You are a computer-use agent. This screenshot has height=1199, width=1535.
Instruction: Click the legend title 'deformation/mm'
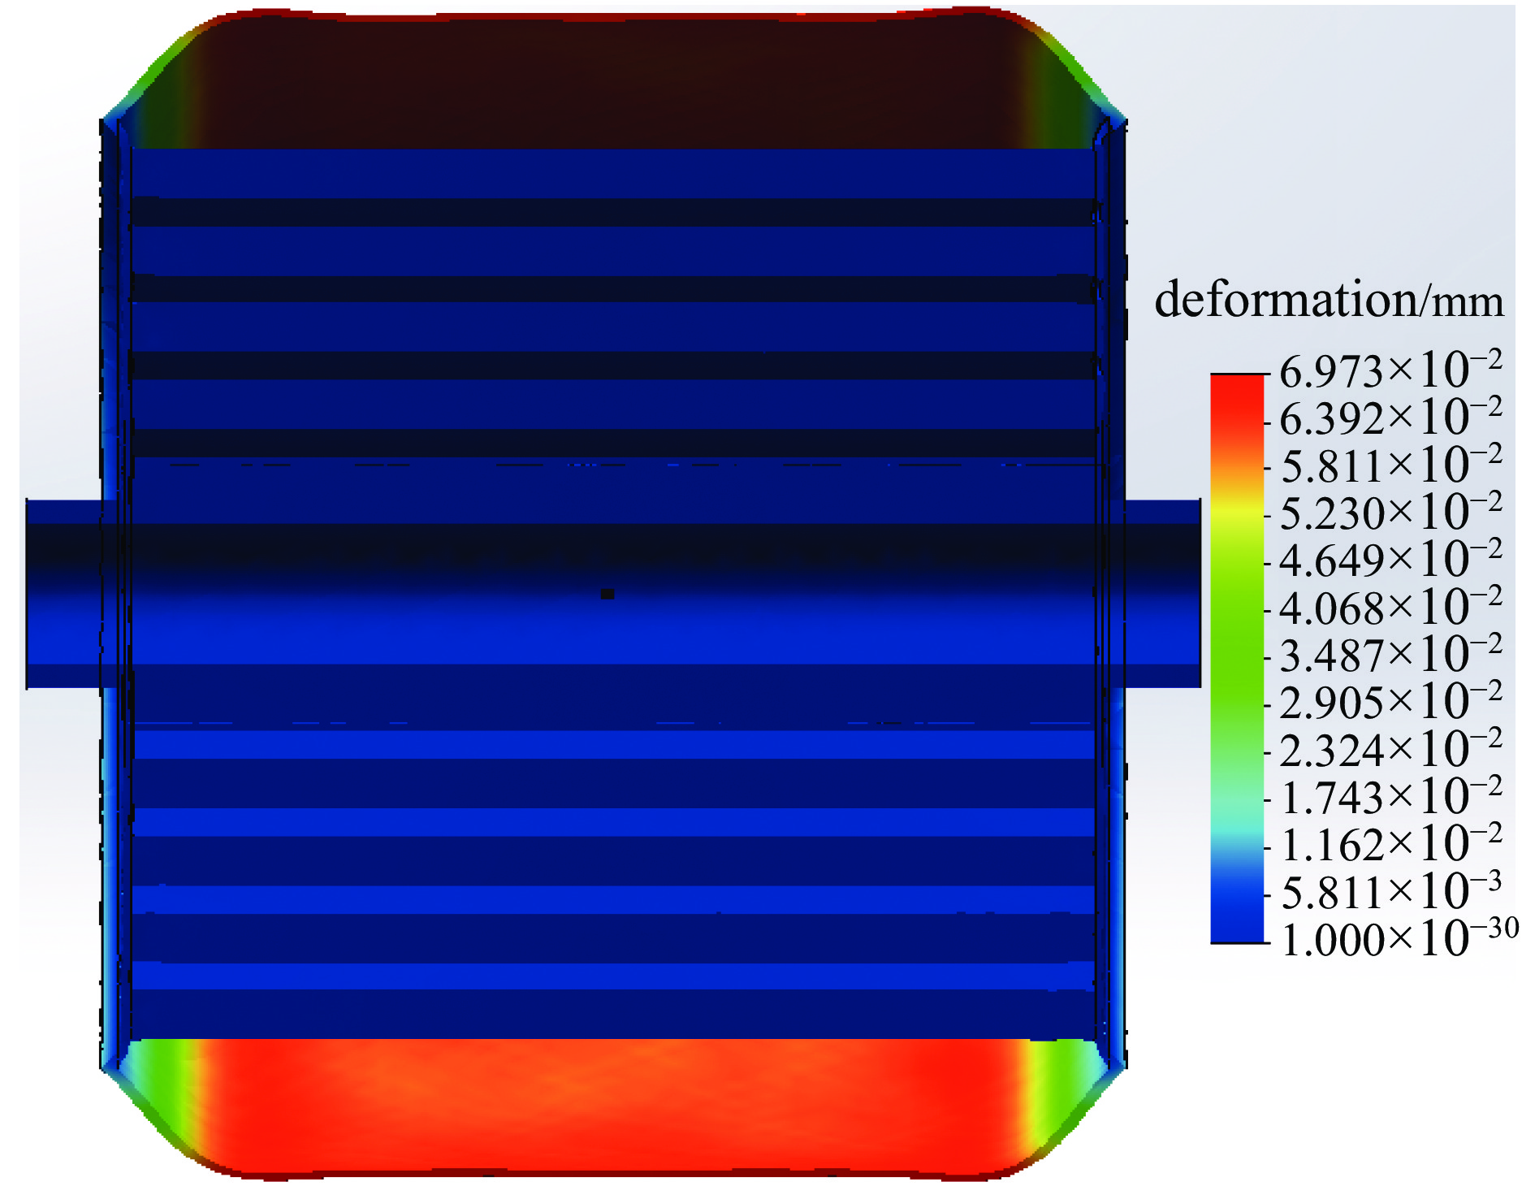[1329, 300]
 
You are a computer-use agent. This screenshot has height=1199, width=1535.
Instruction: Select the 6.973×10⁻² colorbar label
[1390, 370]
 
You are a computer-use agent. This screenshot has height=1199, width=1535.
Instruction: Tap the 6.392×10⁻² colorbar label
[1390, 418]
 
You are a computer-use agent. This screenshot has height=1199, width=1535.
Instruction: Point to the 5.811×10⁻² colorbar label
[1390, 465]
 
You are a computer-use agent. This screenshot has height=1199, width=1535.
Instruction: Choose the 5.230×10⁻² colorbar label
[1390, 512]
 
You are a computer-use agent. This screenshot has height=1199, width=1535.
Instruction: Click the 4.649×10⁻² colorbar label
[1390, 559]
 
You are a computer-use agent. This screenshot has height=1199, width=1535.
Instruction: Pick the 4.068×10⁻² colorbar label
[1390, 607]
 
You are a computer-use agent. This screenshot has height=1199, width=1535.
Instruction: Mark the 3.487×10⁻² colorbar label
[1390, 654]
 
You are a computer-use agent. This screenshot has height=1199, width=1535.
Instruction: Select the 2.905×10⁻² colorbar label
[1390, 701]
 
